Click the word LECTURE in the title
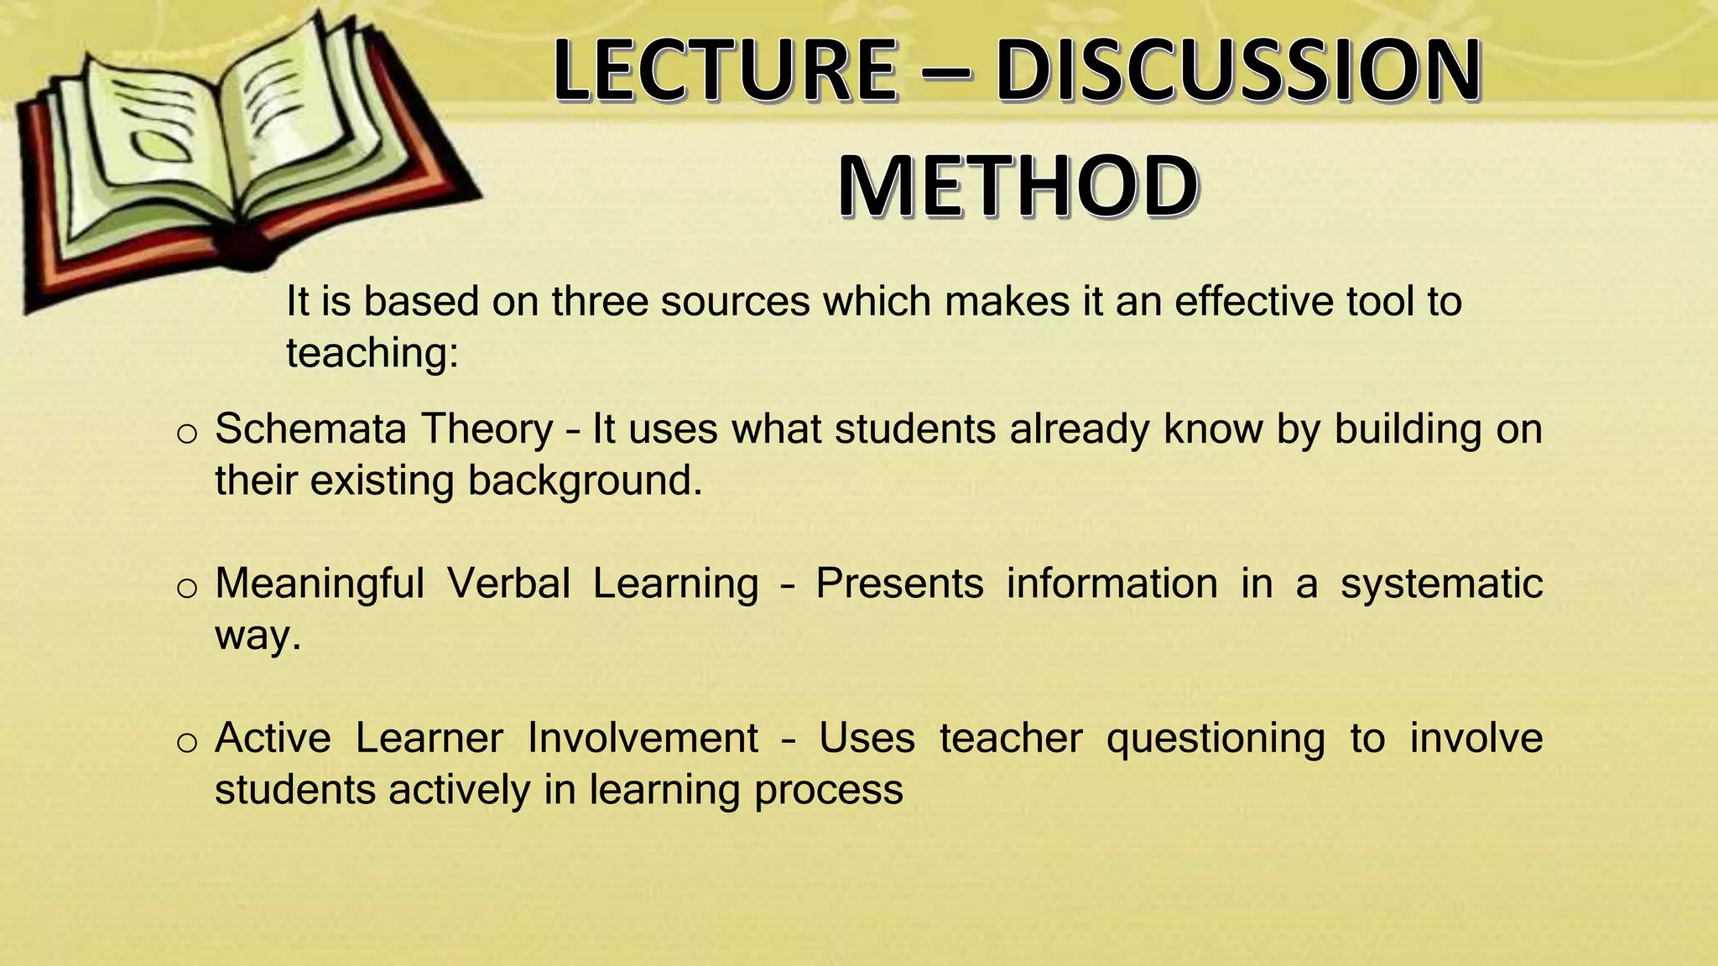point(725,70)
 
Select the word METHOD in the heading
point(1018,186)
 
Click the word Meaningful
point(320,584)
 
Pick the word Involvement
point(643,738)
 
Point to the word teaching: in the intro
point(372,353)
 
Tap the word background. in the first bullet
point(585,480)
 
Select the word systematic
point(1441,584)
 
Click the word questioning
point(1216,740)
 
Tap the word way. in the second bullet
point(258,636)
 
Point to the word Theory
point(487,429)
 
